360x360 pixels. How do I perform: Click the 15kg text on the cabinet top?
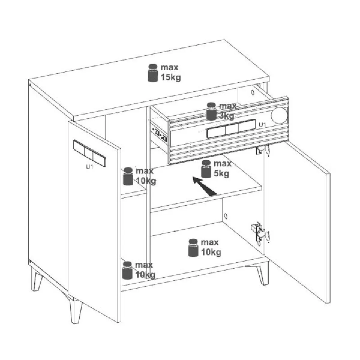[x=171, y=77]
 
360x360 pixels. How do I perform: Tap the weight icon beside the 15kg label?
[x=153, y=73]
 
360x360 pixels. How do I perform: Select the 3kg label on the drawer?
[x=226, y=116]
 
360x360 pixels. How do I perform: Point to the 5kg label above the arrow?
[x=221, y=174]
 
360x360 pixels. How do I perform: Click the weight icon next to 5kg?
[x=206, y=169]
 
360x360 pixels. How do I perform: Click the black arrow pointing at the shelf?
[x=205, y=187]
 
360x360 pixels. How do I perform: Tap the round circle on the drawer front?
[x=279, y=115]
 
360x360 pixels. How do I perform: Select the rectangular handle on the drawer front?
[x=231, y=129]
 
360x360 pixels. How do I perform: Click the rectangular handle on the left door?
[x=89, y=153]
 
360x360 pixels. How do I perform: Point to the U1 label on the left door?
[x=89, y=167]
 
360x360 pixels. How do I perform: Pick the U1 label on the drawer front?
[x=262, y=125]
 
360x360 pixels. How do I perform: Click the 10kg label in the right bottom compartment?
[x=211, y=253]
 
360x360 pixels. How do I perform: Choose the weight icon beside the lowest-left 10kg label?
[x=127, y=270]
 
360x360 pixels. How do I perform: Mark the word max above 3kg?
[x=228, y=106]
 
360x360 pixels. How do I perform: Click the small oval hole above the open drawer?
[x=253, y=92]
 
